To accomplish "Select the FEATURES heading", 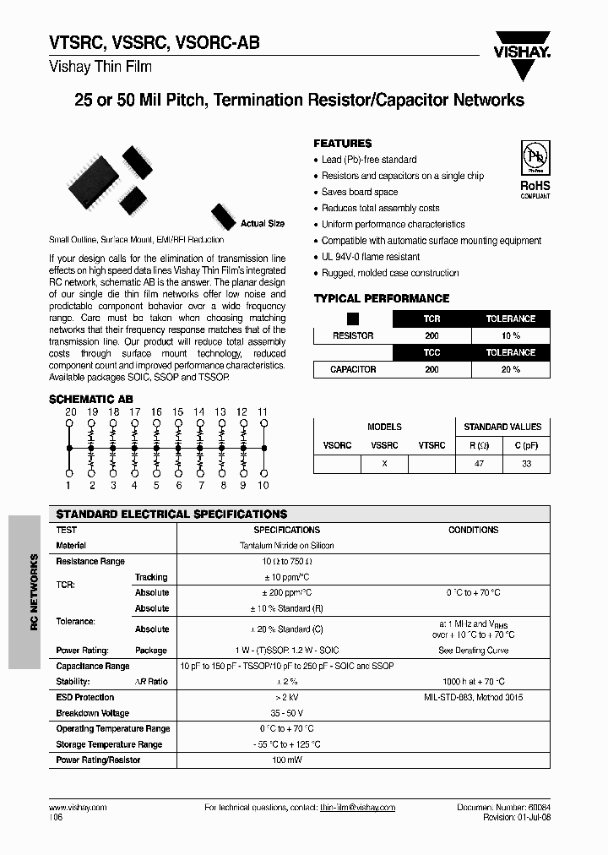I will coord(342,144).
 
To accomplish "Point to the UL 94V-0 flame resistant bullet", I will coord(370,257).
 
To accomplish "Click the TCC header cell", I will coord(432,352).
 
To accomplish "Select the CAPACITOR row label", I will coord(353,369).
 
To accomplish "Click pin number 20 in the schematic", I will coord(70,411).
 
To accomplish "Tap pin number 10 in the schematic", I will coord(263,485).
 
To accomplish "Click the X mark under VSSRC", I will coord(384,464).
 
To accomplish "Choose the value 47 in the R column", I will coord(479,464).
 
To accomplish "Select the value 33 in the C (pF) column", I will coord(526,464).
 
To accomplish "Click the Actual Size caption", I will coord(263,224).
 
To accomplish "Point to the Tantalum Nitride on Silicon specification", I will coord(286,546).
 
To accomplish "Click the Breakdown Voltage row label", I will coord(92,713).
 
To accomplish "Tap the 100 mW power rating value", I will coord(286,760).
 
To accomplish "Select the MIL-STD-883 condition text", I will coord(473,698).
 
